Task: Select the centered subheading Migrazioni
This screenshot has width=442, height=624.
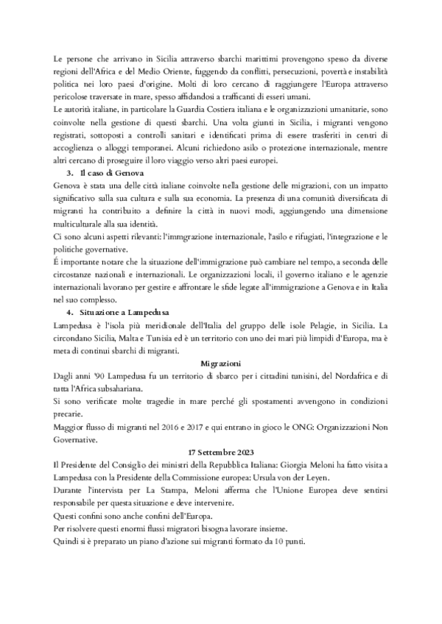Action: [x=221, y=363]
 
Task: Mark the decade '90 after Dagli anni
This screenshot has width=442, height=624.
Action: [x=95, y=375]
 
